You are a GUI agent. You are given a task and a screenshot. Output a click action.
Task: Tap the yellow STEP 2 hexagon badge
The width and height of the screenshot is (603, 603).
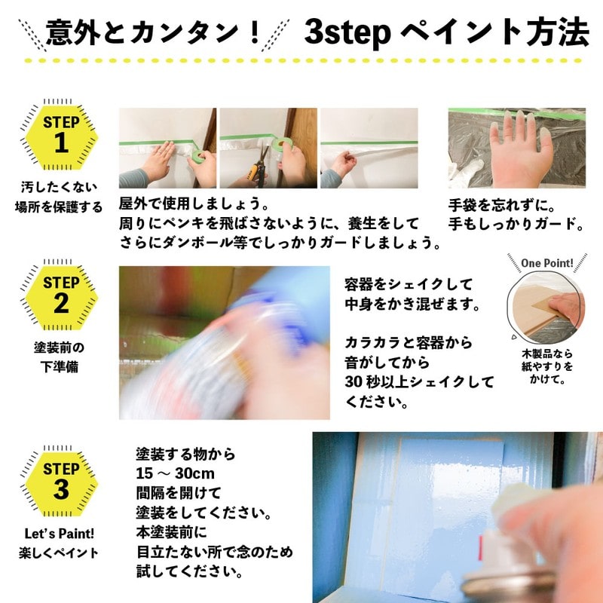61,296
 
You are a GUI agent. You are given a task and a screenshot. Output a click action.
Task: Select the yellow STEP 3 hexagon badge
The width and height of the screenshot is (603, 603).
61,481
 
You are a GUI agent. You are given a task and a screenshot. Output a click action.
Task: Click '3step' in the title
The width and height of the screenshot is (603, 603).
347,32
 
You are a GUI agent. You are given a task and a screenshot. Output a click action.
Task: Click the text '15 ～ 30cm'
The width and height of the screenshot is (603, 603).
175,474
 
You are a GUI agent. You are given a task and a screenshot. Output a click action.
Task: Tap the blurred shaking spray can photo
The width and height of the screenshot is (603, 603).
224,343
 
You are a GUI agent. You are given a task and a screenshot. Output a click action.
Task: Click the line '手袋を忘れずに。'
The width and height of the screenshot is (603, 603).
500,204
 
